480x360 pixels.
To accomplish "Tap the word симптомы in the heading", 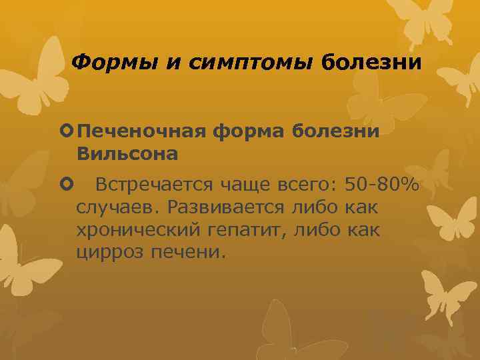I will tap(247, 63).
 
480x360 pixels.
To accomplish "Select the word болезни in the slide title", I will tap(371, 63).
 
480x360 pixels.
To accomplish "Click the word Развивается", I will tap(222, 207).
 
